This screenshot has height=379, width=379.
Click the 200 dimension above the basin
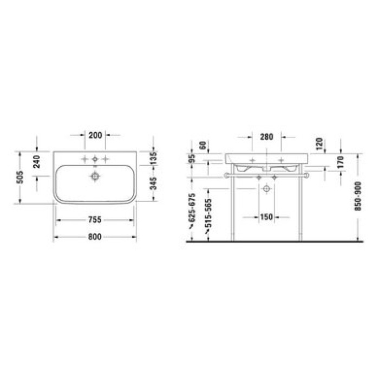pyautogui.click(x=95, y=135)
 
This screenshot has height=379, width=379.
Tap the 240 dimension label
pyautogui.click(x=37, y=162)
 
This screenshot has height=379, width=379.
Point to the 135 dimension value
pyautogui.click(x=153, y=158)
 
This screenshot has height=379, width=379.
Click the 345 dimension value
pyautogui.click(x=153, y=184)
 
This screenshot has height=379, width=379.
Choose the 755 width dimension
pyautogui.click(x=95, y=220)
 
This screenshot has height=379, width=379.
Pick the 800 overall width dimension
pyautogui.click(x=95, y=237)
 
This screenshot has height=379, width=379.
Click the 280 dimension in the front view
pyautogui.click(x=266, y=137)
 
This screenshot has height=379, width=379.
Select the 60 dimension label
pyautogui.click(x=204, y=145)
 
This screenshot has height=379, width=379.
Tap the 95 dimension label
pyautogui.click(x=192, y=159)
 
